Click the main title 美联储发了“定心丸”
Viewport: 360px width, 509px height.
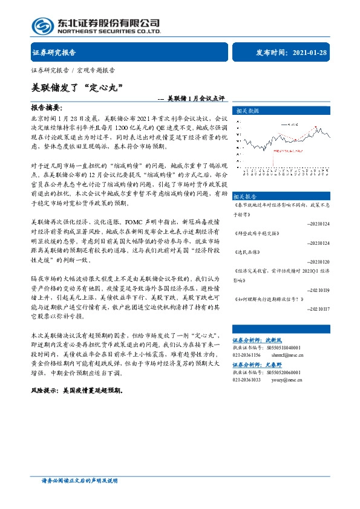pyautogui.click(x=77, y=87)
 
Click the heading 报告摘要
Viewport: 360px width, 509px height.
pyautogui.click(x=47, y=106)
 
